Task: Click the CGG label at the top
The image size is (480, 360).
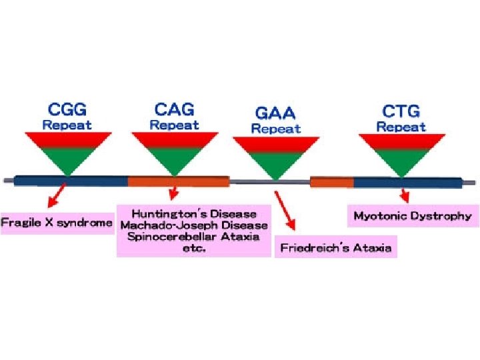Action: [67, 109]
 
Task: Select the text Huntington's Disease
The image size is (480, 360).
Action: [194, 214]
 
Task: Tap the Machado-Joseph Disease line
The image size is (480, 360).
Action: [194, 225]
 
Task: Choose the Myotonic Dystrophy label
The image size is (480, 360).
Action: [412, 216]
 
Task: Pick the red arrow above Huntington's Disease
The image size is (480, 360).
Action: [173, 194]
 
